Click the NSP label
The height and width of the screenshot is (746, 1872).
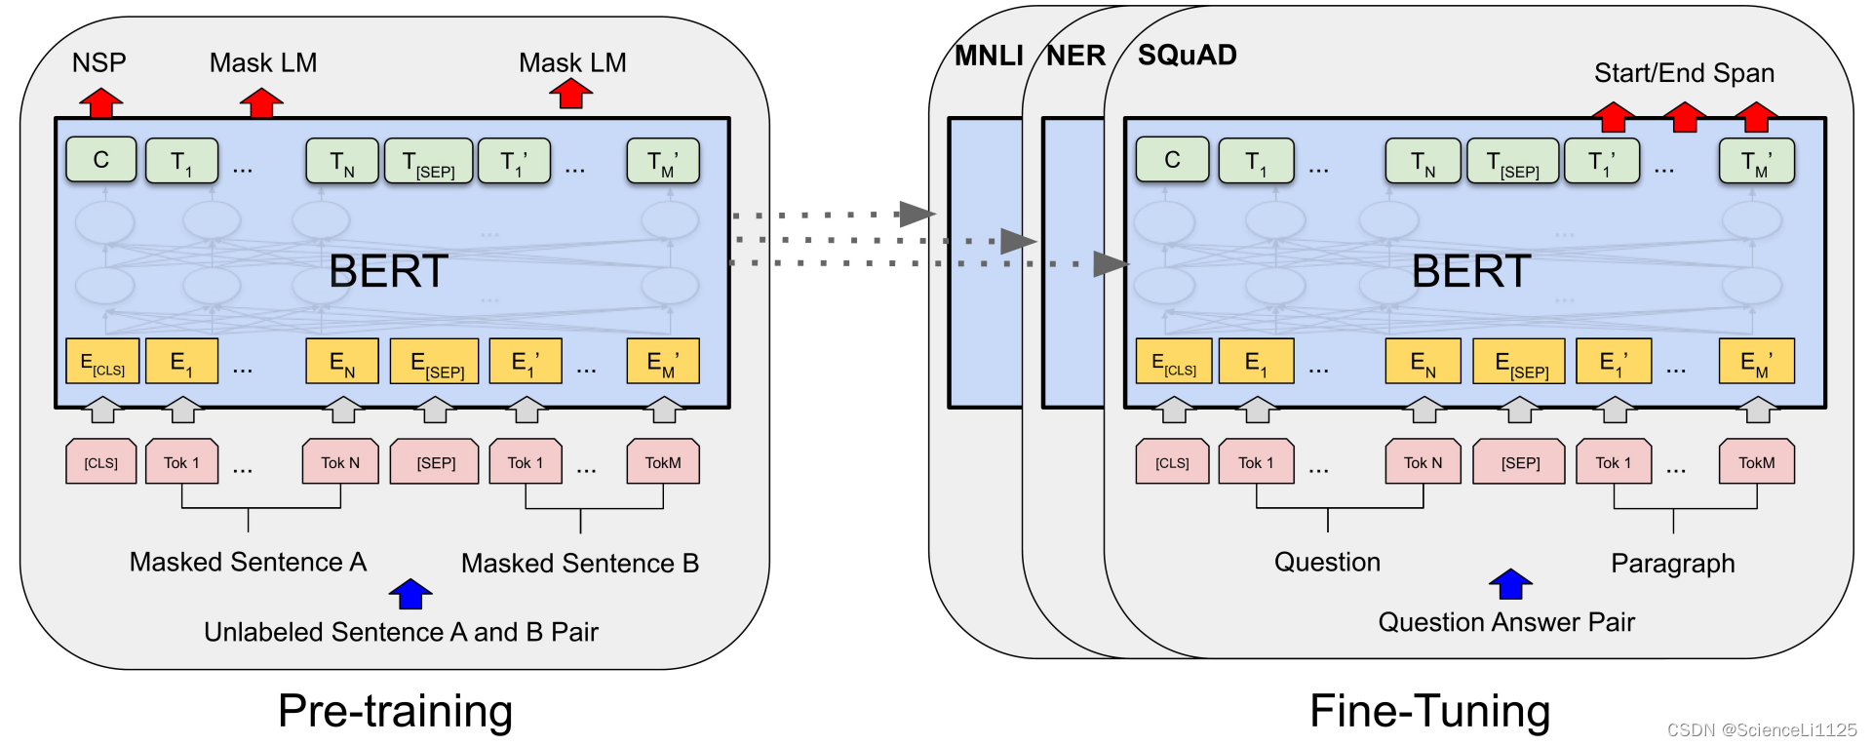[x=99, y=63]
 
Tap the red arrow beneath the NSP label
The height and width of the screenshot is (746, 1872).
[x=100, y=102]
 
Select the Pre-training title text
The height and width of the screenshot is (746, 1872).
[x=395, y=711]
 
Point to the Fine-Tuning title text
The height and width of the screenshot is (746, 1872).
[x=1429, y=711]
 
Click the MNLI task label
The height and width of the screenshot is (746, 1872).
[x=989, y=56]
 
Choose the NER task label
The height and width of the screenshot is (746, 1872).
[x=1075, y=56]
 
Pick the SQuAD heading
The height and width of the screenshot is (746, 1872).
[x=1187, y=55]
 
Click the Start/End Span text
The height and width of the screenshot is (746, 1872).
[x=1684, y=73]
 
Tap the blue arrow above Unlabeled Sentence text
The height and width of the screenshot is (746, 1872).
[x=410, y=593]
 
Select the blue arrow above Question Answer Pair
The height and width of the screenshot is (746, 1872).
[x=1510, y=584]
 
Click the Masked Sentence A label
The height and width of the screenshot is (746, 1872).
[x=248, y=563]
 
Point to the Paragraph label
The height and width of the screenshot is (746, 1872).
[x=1672, y=564]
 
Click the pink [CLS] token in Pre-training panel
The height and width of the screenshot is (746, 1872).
[x=101, y=462]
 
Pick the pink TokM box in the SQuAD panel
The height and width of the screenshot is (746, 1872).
[x=1756, y=462]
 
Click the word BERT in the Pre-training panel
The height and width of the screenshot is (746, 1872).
[x=388, y=271]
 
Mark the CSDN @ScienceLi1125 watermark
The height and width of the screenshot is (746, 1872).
[x=1762, y=729]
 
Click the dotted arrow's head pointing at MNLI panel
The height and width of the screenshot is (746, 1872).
[x=916, y=214]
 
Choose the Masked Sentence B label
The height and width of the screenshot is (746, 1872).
[x=580, y=564]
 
